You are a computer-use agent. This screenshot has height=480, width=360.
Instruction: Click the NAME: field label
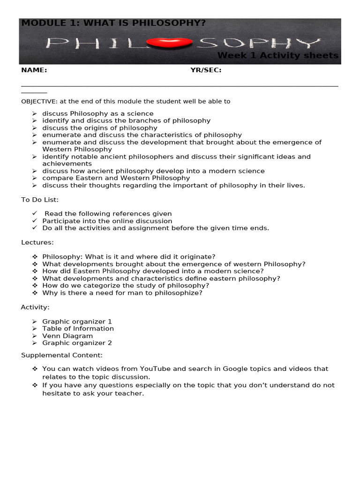tap(34, 70)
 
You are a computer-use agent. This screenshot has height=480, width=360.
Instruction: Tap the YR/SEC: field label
tap(206, 70)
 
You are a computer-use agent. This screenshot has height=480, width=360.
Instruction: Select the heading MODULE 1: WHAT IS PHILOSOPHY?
tap(113, 23)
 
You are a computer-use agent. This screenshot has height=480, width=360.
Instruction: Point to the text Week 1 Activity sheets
tap(277, 56)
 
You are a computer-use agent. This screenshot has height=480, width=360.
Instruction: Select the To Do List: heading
tap(40, 200)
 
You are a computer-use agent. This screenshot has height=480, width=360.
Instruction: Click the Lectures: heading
tap(37, 242)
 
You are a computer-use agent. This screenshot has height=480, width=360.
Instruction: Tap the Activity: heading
tap(35, 307)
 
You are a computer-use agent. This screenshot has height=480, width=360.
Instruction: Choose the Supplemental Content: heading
tap(62, 355)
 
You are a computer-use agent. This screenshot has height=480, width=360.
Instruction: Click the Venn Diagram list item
tap(67, 336)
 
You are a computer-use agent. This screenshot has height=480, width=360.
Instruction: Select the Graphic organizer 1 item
tap(77, 322)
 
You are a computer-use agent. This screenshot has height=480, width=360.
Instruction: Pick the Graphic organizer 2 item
tap(77, 343)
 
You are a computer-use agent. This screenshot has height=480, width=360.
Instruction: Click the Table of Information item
tap(78, 329)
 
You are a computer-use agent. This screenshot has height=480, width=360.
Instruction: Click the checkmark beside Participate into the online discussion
tap(35, 221)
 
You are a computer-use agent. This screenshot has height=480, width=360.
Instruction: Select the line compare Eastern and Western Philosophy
tap(116, 178)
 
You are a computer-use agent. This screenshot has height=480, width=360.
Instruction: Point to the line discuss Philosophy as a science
tap(97, 113)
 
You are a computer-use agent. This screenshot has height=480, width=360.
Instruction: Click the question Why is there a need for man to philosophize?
tap(122, 293)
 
